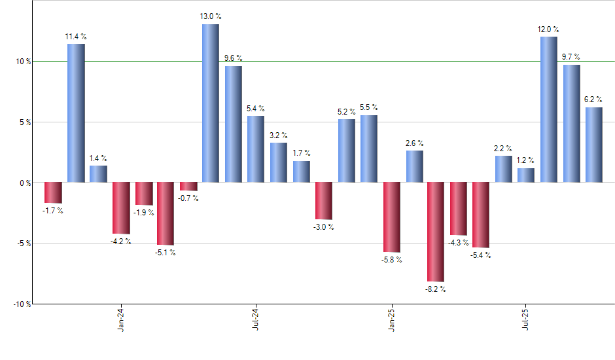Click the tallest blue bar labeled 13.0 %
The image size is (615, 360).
(210, 103)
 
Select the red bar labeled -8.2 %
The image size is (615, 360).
(436, 232)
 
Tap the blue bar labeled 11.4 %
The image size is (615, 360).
(75, 113)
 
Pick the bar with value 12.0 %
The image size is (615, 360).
(548, 109)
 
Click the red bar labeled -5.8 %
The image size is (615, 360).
(391, 217)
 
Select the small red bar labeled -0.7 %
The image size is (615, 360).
(188, 187)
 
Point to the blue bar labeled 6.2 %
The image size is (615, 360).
(593, 145)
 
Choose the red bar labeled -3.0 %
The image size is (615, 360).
(324, 201)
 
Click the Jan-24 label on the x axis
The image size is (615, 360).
(120, 319)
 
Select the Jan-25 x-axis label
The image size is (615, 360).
(391, 319)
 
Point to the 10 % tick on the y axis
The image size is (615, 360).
(22, 62)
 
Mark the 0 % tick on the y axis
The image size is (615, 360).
(24, 183)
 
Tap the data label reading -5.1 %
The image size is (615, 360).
(165, 253)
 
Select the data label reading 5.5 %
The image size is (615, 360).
(369, 107)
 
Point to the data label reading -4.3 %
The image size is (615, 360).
(458, 243)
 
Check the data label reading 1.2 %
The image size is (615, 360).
(525, 160)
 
